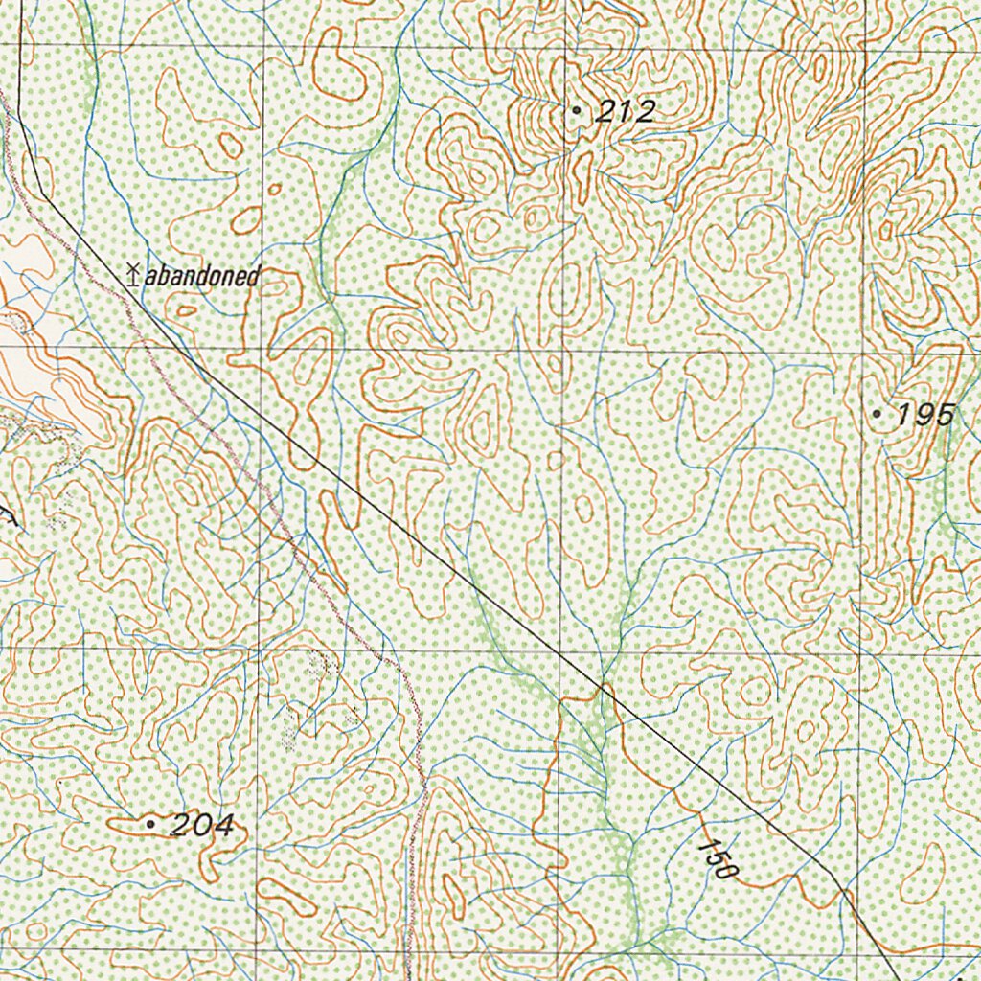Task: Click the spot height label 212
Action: click(624, 112)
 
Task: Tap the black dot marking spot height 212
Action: click(576, 111)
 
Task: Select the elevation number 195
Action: click(925, 415)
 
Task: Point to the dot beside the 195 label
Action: click(878, 414)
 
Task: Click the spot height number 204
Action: click(201, 825)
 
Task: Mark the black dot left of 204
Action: click(150, 823)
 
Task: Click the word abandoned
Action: click(201, 277)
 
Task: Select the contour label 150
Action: click(718, 859)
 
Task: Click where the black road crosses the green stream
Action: click(603, 687)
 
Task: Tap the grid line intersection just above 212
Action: click(563, 46)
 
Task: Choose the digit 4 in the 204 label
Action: click(222, 825)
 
